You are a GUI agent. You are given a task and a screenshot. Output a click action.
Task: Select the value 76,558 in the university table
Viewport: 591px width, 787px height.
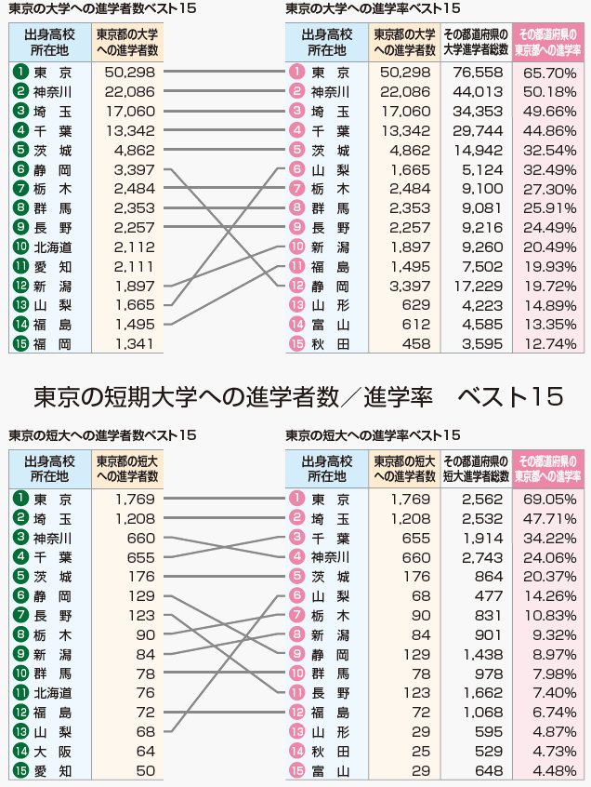pos(478,72)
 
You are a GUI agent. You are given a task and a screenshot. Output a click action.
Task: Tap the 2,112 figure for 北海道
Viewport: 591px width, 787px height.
pos(135,247)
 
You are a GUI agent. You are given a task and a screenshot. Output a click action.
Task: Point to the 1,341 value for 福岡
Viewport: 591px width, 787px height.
pos(135,343)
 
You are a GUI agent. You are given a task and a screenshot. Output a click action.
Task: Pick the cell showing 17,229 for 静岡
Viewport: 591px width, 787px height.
pos(478,285)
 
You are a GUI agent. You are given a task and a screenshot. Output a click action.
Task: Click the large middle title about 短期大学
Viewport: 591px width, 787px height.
pos(295,396)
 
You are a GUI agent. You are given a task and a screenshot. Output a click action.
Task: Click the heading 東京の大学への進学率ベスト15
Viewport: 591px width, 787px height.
pos(373,8)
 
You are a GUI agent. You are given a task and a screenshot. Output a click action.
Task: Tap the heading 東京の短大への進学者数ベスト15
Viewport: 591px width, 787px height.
pos(102,435)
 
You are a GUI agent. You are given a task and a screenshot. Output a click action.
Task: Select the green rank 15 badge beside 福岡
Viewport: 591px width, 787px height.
pos(20,343)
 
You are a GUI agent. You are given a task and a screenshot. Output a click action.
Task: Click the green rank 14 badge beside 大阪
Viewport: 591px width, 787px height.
pos(20,751)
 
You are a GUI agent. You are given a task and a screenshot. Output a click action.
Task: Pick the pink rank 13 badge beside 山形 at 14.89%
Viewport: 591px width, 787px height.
pos(297,304)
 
